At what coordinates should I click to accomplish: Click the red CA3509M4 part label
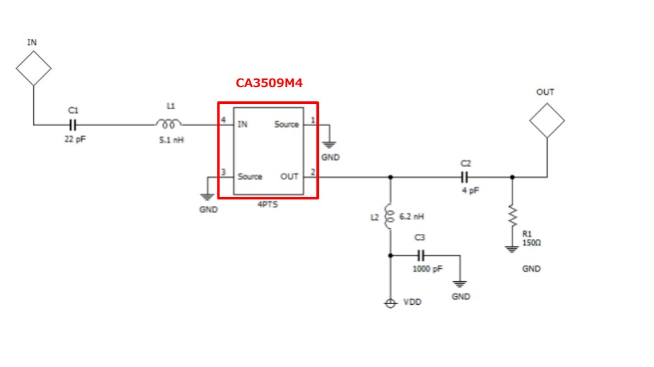tap(269, 84)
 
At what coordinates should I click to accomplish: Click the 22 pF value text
tap(75, 139)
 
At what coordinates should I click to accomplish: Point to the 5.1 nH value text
tap(171, 139)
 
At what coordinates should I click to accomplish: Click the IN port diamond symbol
tap(33, 67)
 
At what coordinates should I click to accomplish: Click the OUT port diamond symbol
tap(546, 120)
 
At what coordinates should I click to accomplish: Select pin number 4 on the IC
tap(223, 120)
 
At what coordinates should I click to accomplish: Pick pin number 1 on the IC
tap(313, 120)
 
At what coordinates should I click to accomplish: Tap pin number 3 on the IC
tap(223, 172)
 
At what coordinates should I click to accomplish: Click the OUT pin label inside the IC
tap(289, 176)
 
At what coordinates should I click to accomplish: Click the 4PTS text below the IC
tap(268, 205)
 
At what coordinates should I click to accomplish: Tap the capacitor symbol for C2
tap(465, 176)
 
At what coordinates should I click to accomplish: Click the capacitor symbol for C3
tap(420, 255)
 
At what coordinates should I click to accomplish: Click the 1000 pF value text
tap(427, 269)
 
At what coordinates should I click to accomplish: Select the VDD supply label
tap(412, 303)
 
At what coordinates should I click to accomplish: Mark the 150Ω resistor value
tap(531, 243)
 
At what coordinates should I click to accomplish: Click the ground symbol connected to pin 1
tap(330, 147)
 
